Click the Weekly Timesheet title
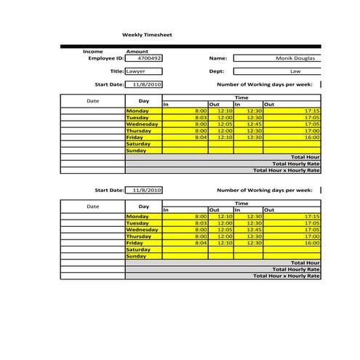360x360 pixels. [143, 34]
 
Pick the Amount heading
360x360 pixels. [137, 52]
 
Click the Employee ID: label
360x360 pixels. [105, 58]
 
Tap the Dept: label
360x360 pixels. [217, 72]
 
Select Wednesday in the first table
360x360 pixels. [142, 124]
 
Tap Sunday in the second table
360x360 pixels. [136, 256]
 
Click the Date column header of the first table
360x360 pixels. [92, 101]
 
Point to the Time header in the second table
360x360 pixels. [241, 204]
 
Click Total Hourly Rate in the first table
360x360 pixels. [295, 164]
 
